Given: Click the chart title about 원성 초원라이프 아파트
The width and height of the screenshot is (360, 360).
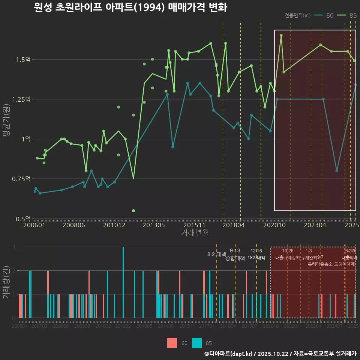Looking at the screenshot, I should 130,7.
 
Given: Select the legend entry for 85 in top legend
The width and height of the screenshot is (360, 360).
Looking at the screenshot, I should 347,15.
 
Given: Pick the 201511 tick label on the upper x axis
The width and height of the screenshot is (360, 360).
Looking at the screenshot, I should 193,225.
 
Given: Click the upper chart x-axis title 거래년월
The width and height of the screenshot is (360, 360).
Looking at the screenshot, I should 195,233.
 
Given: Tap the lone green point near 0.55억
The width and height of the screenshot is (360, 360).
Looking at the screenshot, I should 133,211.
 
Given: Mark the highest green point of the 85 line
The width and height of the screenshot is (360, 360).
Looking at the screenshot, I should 281,35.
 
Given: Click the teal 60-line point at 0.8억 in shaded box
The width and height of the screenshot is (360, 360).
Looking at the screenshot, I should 337,171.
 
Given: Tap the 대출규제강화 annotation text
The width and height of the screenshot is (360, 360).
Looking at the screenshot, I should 288,258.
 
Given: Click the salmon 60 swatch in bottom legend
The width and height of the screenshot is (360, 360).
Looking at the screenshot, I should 172,343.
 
